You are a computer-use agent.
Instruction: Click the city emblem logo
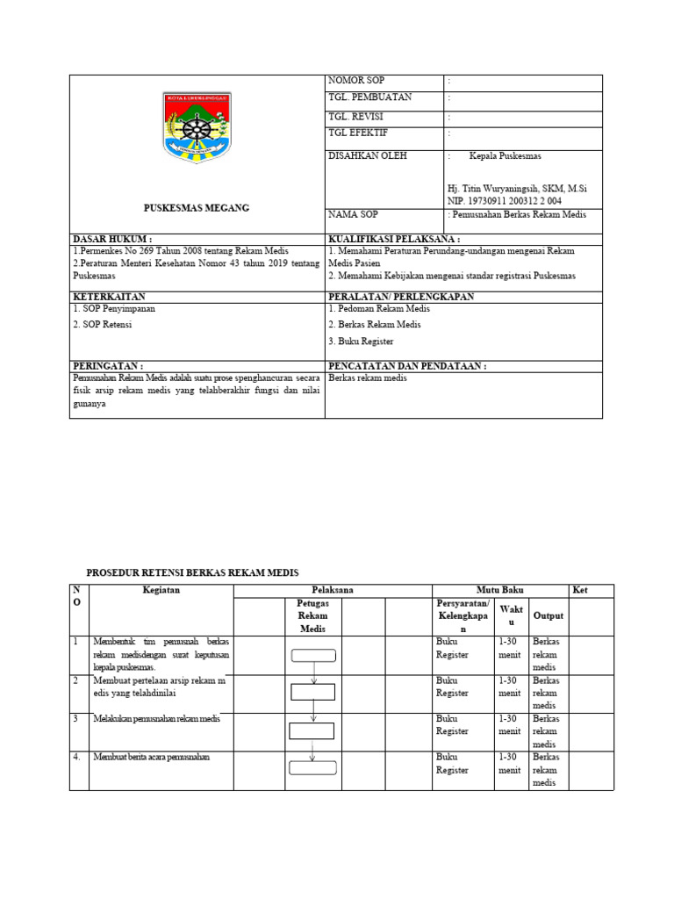pyautogui.click(x=197, y=127)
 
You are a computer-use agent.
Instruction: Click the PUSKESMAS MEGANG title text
pyautogui.click(x=197, y=208)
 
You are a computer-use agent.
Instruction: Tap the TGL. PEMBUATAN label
pyautogui.click(x=369, y=97)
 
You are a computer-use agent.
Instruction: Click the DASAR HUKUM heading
pyautogui.click(x=112, y=239)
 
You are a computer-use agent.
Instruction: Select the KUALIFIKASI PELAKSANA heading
pyautogui.click(x=394, y=239)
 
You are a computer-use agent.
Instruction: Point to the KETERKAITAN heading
pyautogui.click(x=108, y=297)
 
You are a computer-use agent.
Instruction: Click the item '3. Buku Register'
pyautogui.click(x=361, y=341)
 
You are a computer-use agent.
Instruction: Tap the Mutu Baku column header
pyautogui.click(x=498, y=591)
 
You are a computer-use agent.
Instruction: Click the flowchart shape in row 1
pyautogui.click(x=313, y=654)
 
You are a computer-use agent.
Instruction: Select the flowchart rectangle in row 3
pyautogui.click(x=313, y=731)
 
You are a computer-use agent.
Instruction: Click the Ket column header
pyautogui.click(x=579, y=591)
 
